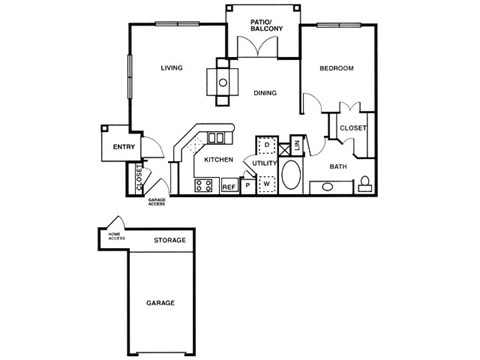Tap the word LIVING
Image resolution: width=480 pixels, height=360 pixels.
171,68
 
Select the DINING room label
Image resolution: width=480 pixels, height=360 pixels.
264,93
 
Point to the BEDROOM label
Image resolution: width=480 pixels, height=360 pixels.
336,68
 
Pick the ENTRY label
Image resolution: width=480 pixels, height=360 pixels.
123,147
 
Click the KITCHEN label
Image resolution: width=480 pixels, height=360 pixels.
218,160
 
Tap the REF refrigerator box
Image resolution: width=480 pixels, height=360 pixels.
228,186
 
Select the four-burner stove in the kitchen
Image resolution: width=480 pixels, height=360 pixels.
203,185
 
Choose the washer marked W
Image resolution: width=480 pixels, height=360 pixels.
267,185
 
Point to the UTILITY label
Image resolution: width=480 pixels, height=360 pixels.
264,163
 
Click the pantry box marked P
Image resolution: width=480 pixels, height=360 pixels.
247,186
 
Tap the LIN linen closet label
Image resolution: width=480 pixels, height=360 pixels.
296,146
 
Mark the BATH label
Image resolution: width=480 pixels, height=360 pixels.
338,167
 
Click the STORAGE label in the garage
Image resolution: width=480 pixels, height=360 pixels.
169,241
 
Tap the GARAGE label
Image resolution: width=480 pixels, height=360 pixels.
161,302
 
